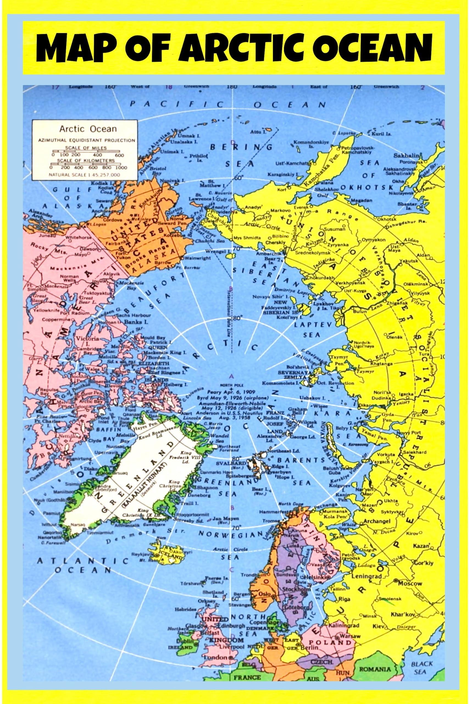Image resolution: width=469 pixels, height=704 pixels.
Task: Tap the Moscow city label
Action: point(411,583)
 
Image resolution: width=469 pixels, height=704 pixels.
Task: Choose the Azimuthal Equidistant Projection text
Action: point(87,140)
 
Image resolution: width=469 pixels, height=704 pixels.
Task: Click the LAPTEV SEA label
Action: point(313,329)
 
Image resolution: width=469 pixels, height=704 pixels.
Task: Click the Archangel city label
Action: point(377,521)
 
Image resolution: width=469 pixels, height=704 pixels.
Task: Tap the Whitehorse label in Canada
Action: point(79,238)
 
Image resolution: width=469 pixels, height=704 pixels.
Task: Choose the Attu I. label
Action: point(256,132)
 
